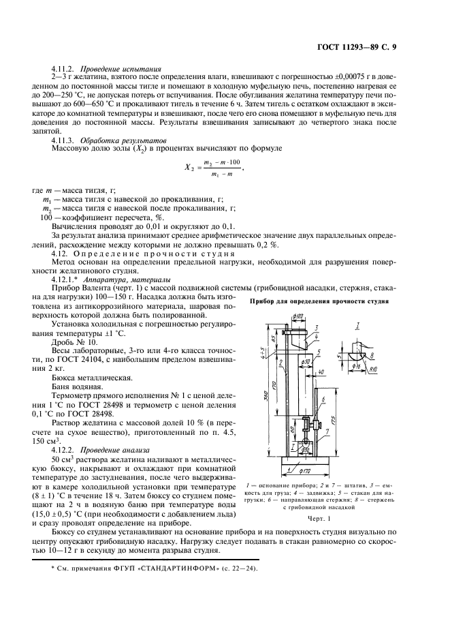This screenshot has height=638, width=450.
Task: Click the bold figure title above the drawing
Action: pos(320,301)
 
